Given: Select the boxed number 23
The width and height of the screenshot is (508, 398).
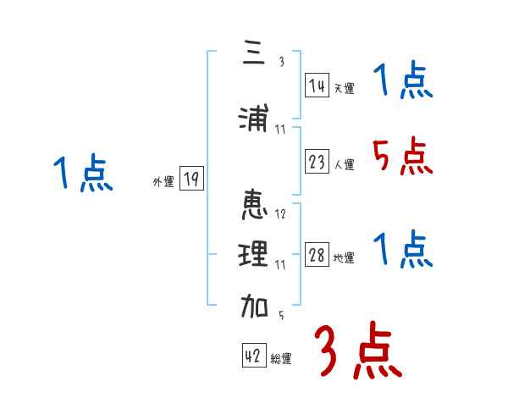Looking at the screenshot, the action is [x=317, y=163].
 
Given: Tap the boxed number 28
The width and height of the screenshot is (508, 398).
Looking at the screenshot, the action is [x=317, y=256].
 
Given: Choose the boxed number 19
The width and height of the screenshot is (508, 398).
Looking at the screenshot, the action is [x=191, y=180].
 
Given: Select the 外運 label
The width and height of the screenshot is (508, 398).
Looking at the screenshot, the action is [x=163, y=181].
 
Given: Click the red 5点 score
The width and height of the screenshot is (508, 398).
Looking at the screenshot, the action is [x=402, y=157].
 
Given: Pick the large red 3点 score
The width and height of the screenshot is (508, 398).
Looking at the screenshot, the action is [x=357, y=351].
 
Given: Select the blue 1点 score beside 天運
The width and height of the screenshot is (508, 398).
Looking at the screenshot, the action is [x=402, y=83].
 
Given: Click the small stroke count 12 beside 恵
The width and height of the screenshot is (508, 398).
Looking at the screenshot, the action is [x=280, y=214].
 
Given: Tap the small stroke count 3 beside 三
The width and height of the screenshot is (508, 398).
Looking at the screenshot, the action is [x=282, y=62].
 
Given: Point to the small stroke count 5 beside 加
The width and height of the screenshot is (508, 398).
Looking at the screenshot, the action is [x=280, y=316].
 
